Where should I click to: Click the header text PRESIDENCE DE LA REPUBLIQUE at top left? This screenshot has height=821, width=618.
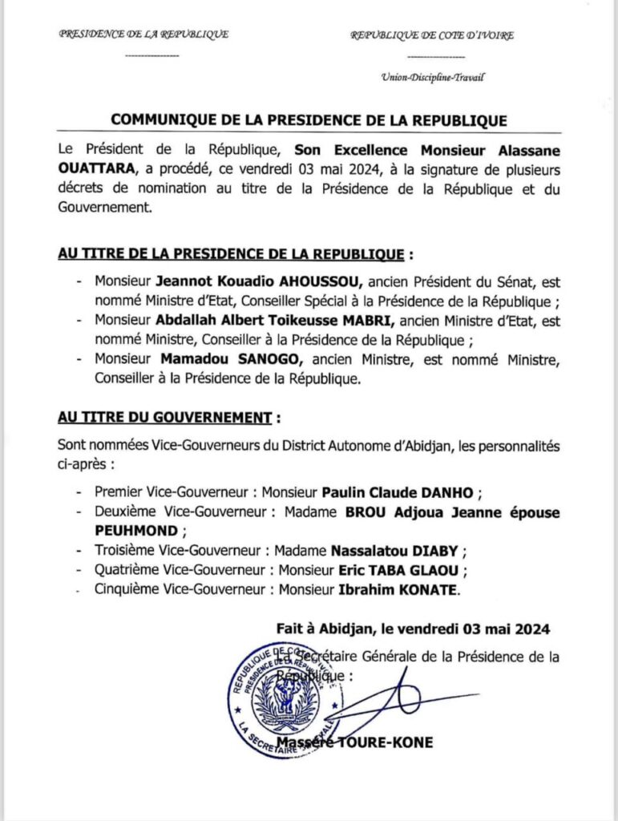click(143, 34)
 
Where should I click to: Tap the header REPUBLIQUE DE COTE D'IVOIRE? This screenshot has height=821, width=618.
click(432, 35)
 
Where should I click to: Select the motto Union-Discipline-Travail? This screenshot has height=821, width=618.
click(434, 78)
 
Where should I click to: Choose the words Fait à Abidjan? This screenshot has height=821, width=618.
click(322, 629)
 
